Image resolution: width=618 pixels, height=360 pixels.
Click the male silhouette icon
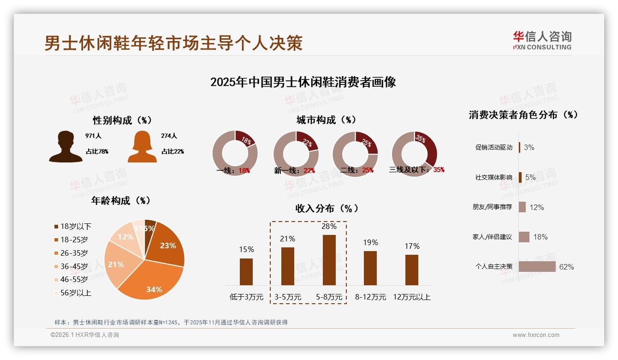click(65, 146)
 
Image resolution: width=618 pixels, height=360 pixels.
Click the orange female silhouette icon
click(142, 146)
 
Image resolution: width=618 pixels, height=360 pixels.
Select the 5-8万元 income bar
click(329, 260)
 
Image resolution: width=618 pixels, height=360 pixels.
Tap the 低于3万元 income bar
click(246, 271)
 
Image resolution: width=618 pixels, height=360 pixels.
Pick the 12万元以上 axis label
click(412, 297)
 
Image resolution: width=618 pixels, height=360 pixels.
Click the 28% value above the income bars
click(329, 227)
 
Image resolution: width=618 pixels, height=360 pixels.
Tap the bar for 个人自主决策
click(537, 267)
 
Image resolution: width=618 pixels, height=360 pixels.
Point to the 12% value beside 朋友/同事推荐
click(536, 208)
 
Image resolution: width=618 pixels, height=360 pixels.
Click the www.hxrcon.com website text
click(536, 335)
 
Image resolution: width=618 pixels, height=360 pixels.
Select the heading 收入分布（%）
click(327, 208)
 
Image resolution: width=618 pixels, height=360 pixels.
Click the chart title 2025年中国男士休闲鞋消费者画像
click(303, 83)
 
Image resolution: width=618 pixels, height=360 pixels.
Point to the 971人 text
click(93, 136)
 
